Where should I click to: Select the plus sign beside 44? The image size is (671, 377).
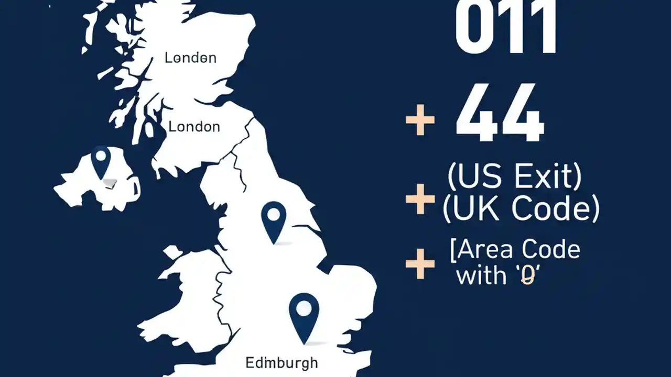[420, 120]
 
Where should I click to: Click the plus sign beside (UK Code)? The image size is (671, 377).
[420, 199]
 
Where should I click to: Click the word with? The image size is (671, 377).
[481, 275]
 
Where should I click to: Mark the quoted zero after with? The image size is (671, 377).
[526, 275]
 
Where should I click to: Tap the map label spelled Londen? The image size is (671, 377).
[190, 58]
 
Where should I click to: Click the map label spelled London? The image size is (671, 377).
[194, 126]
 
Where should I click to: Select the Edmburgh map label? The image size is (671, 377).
[282, 362]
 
